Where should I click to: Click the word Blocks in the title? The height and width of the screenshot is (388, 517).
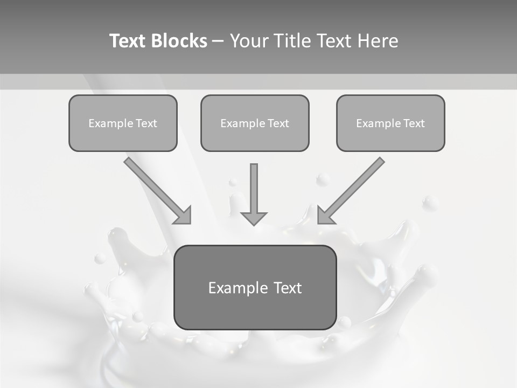point(179,41)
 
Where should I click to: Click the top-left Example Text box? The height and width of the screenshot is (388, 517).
point(123,123)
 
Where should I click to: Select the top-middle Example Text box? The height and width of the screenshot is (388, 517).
point(255,123)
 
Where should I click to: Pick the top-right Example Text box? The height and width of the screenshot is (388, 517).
point(390,123)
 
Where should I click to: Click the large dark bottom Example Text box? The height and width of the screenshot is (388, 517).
point(255,287)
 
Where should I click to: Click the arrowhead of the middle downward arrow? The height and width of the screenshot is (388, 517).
point(254,218)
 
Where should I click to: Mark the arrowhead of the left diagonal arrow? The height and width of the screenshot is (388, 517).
point(184,216)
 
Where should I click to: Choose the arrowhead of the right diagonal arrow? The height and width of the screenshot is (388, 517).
point(325,216)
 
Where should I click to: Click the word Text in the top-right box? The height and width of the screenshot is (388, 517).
point(414,123)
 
